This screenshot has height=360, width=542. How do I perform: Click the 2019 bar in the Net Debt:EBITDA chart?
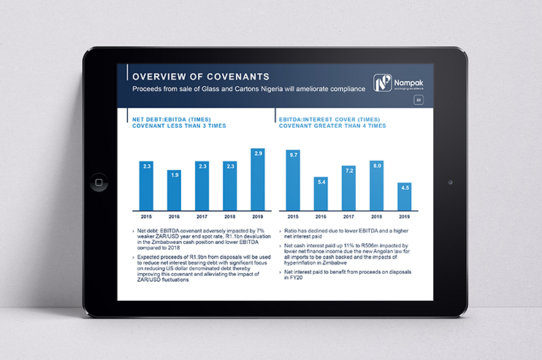257,180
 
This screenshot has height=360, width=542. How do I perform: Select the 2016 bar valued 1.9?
174,191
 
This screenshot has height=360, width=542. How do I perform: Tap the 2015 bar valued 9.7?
293,180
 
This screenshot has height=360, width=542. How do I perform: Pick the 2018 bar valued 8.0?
376,186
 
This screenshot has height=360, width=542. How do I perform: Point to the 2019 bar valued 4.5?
404,197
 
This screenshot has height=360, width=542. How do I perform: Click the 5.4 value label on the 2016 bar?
321,181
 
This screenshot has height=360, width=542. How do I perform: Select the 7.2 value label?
348,170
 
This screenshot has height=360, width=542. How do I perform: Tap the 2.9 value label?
257,153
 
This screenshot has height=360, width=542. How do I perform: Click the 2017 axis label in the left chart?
202,217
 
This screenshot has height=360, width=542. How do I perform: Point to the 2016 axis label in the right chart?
321,217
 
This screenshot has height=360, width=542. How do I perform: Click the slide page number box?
419,100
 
